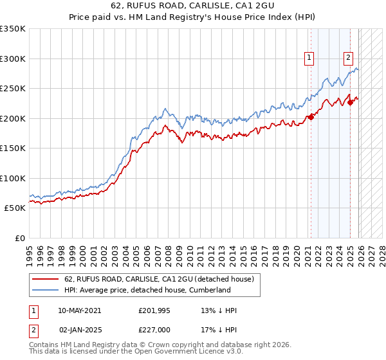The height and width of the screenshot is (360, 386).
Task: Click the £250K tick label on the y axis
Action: coord(13,88)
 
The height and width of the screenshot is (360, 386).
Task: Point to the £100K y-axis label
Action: coord(13,178)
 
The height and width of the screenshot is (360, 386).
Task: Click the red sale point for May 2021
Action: coord(311,117)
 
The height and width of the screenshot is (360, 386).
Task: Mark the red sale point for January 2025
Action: coord(350,102)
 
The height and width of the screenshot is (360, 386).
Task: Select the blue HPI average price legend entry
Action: coord(147,290)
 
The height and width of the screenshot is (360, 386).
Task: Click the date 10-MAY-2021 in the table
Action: coord(79,310)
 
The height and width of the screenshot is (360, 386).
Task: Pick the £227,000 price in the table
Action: coord(155,328)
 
